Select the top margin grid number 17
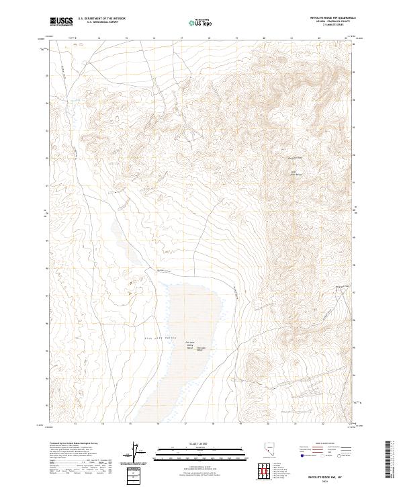tap(183, 39)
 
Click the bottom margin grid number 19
tap(238, 424)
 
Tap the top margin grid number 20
tap(265, 39)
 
